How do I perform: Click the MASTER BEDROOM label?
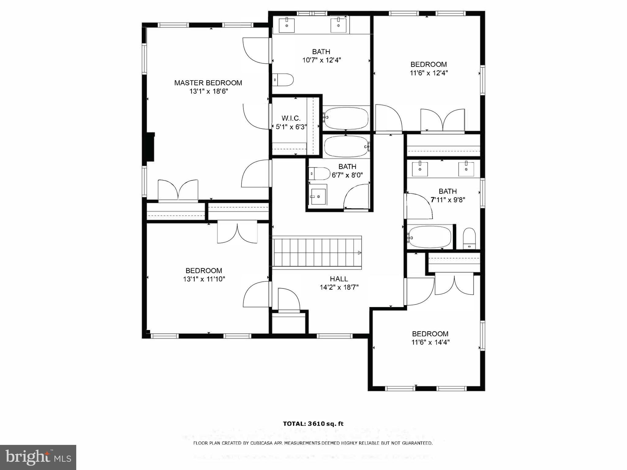click(208, 83)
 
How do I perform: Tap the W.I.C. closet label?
click(291, 118)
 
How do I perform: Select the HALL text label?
click(339, 279)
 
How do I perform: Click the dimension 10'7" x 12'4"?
click(321, 60)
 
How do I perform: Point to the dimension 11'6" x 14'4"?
click(430, 342)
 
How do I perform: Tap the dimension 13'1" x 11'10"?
click(204, 279)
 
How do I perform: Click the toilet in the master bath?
click(283, 80)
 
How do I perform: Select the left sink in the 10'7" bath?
click(287, 25)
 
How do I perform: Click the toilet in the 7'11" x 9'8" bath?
click(469, 238)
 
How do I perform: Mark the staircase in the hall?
click(317, 253)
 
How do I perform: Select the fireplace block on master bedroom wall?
click(151, 146)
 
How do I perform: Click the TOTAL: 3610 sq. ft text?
click(313, 424)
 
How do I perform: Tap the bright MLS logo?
click(38, 457)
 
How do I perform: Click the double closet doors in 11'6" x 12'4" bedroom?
click(443, 120)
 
